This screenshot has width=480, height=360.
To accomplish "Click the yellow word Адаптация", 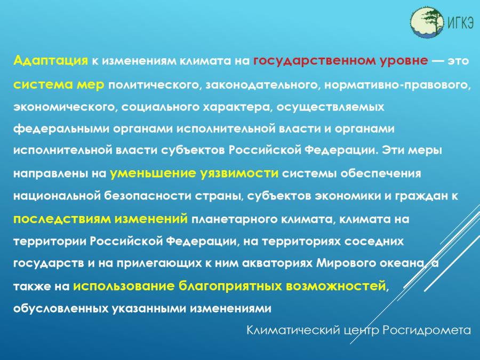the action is [x=51, y=60].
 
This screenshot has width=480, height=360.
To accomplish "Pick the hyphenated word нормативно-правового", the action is [x=397, y=85].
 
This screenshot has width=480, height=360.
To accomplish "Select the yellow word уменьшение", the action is [x=153, y=173].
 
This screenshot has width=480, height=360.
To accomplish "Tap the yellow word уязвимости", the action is [x=239, y=173].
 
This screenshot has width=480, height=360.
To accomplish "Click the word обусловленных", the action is [x=60, y=308].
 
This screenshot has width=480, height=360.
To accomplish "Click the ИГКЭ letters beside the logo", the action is [x=461, y=22].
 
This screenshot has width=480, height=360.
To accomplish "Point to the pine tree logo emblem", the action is [x=427, y=22].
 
